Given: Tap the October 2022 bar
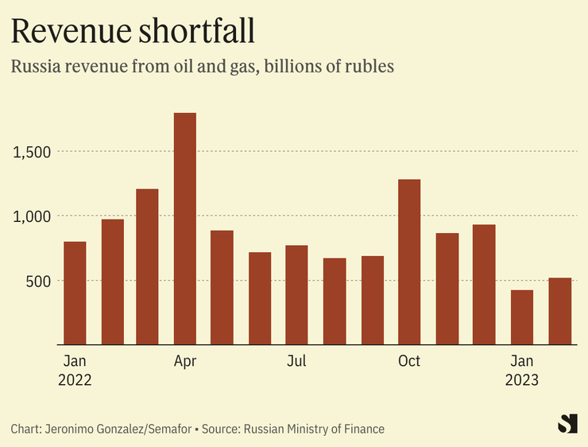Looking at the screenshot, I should tap(409, 262).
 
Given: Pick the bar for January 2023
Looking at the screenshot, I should tap(522, 317).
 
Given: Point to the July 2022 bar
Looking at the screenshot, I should tap(296, 295).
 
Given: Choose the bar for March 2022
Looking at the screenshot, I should tap(148, 266).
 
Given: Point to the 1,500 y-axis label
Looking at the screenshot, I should tap(33, 152).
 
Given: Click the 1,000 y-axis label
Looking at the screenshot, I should tap(33, 216).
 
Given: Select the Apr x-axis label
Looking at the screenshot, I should tap(184, 362).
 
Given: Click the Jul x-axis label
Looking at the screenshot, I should tap(296, 362).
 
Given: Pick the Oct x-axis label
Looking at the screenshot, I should tap(409, 362).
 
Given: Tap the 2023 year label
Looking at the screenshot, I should tap(522, 381).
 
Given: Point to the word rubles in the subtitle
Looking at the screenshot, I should tap(369, 67).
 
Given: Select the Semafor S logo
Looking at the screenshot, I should tap(567, 424).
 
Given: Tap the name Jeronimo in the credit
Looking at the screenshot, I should tap(69, 430).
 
